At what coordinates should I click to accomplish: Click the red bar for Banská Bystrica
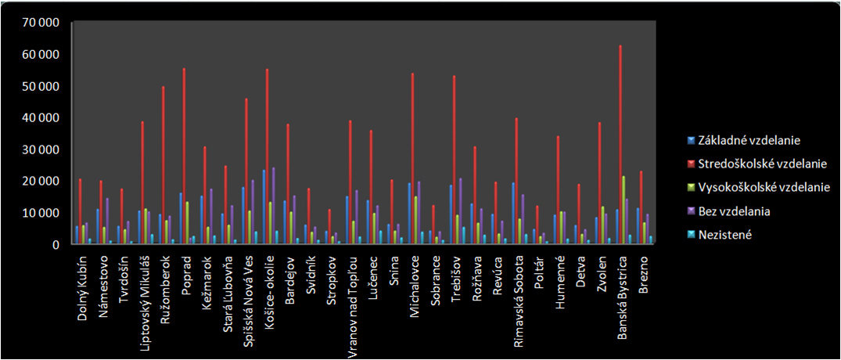[x=621, y=145]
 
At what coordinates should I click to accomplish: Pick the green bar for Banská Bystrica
[x=624, y=211]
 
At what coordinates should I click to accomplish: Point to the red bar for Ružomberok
[x=164, y=165]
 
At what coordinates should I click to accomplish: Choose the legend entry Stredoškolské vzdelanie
[x=747, y=164]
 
